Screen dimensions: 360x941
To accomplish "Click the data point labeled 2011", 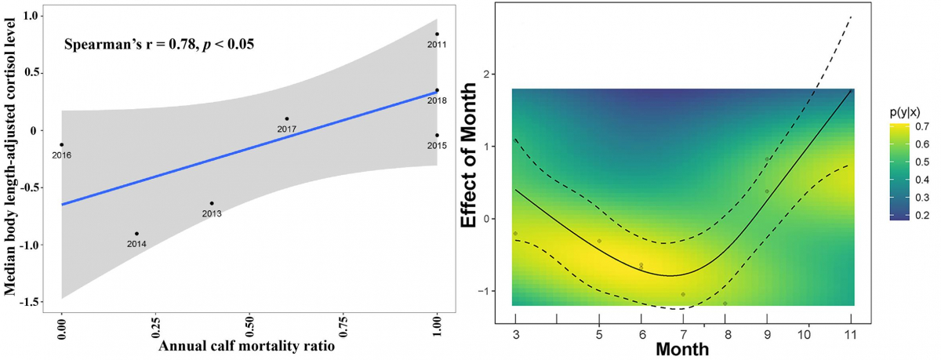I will (x=437, y=34).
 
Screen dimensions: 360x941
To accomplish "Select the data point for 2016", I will (x=61, y=144).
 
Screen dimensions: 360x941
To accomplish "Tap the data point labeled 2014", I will (x=136, y=234).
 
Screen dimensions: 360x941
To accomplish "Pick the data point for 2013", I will (x=212, y=203).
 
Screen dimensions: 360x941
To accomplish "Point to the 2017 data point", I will (x=287, y=118).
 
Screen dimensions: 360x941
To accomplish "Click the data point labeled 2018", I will (x=437, y=90).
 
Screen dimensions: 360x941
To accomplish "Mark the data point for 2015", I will (x=437, y=135).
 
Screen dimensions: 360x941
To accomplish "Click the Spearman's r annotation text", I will (x=159, y=44).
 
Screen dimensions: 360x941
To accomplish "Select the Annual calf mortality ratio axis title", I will (x=248, y=346).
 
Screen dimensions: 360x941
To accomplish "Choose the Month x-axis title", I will (x=683, y=347).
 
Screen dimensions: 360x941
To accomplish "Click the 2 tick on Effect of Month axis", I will (x=496, y=75).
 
